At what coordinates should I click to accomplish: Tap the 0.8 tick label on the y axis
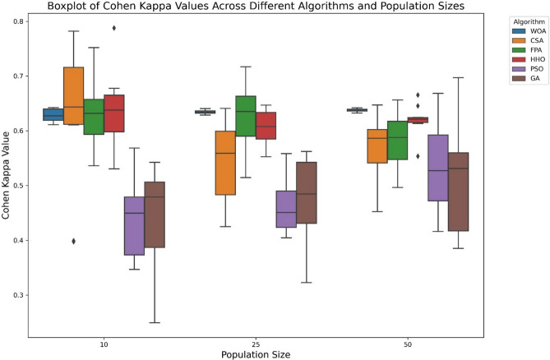coord(17,21)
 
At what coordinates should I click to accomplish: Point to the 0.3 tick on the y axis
coord(17,295)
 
